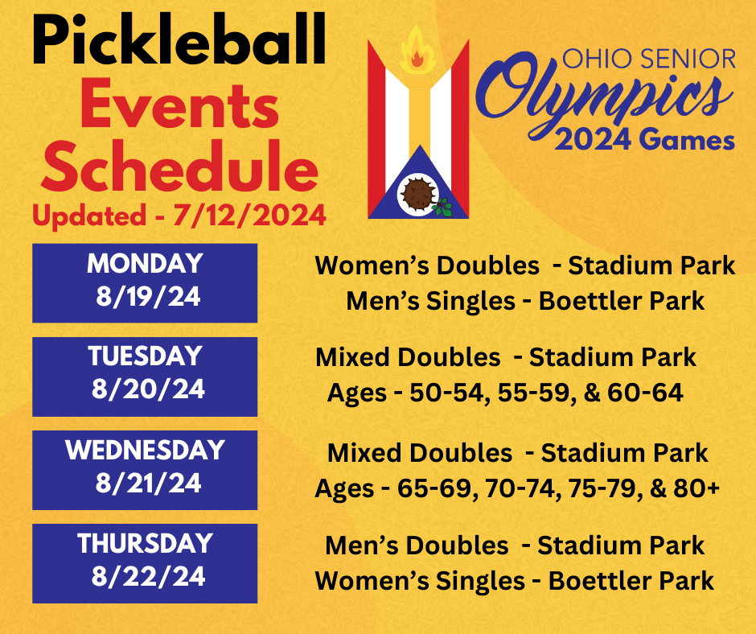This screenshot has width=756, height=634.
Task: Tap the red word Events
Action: [x=179, y=107]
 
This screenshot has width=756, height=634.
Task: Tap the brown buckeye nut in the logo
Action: [x=418, y=193]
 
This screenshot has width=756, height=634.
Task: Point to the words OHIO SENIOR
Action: [x=648, y=59]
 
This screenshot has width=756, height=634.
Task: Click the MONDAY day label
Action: [x=145, y=264]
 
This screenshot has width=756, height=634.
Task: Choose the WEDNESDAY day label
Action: [x=145, y=450]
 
